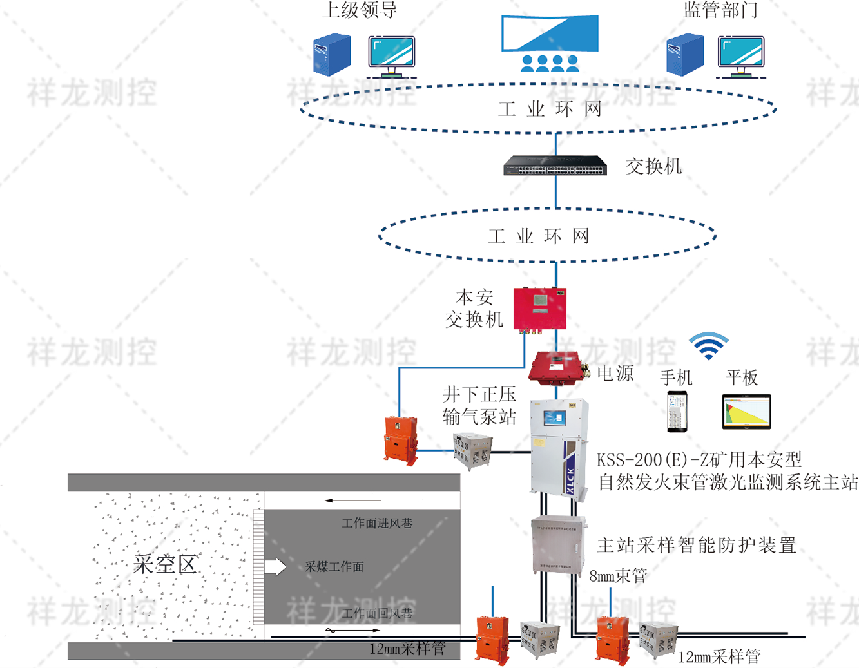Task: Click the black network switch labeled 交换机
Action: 555,166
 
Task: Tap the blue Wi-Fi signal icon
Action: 708,347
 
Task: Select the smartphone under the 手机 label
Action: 677,412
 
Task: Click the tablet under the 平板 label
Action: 746,412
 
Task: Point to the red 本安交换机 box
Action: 539,309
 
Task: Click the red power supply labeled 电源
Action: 555,368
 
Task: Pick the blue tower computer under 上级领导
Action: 332,55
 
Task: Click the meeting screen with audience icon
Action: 550,43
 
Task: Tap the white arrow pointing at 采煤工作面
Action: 276,566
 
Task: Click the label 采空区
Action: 164,564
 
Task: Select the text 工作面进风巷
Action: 377,523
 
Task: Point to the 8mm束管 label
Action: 618,576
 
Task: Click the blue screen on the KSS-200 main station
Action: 554,418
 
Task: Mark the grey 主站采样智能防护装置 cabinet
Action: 558,544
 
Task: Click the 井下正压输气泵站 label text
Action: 479,406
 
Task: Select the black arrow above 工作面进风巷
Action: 352,500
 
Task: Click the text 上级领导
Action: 359,10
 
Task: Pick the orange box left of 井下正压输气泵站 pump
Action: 401,440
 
